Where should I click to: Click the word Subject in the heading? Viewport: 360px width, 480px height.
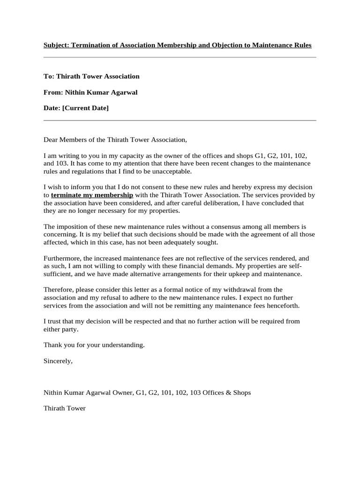point(56,45)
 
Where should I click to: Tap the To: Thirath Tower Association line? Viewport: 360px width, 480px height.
point(91,76)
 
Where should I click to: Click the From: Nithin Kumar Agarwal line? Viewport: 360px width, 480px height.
point(90,92)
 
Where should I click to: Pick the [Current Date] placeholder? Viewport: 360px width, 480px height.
point(85,108)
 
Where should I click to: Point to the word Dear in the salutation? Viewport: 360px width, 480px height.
point(51,139)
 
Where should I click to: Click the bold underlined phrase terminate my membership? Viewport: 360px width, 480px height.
point(92,195)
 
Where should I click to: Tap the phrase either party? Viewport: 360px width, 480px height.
point(61,329)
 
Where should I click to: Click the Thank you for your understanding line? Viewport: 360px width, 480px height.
point(94,345)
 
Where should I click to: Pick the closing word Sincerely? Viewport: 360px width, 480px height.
point(58,360)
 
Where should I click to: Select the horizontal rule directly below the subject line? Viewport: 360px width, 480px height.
point(180,57)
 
